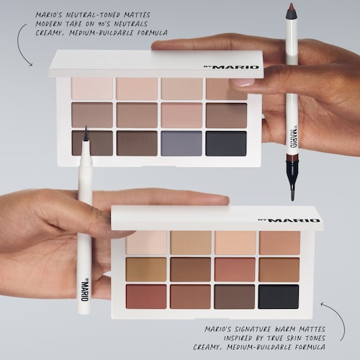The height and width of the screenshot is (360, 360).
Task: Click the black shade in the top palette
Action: pyautogui.click(x=226, y=143)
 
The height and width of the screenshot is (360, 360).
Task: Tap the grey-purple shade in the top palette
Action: pyautogui.click(x=181, y=143)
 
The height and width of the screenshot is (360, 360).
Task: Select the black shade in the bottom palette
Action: pyautogui.click(x=279, y=297)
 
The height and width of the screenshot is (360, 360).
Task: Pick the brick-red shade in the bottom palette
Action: pyautogui.click(x=146, y=297)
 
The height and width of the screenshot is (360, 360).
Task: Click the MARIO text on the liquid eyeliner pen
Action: pyautogui.click(x=85, y=290)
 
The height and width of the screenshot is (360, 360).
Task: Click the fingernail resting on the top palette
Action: pyautogui.click(x=242, y=83)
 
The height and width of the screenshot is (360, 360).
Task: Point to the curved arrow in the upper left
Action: pyautogui.click(x=20, y=45)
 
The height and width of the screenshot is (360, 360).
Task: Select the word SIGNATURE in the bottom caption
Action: pyautogui.click(x=251, y=329)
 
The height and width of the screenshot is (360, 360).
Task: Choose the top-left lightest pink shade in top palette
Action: pyautogui.click(x=92, y=89)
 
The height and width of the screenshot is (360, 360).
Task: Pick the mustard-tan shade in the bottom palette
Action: pyautogui.click(x=146, y=269)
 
